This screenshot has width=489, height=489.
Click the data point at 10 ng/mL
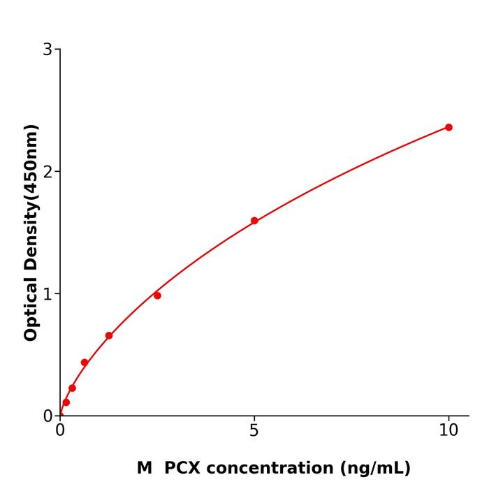coord(448,127)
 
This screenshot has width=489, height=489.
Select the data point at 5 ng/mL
coord(254,221)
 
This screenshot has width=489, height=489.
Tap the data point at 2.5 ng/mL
coord(157,295)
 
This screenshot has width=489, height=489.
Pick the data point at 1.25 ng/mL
coord(109,335)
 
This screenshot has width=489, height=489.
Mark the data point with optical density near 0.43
coord(85,363)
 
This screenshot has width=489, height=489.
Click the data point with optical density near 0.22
coord(72,388)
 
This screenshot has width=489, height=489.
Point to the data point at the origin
coord(60,415)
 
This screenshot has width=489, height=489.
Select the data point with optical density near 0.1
coord(66,402)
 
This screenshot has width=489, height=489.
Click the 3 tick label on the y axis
coord(48,49)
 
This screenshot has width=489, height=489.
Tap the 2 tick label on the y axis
coord(48,171)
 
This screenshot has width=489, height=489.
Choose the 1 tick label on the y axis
coord(48,293)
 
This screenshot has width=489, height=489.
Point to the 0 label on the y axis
coord(48,416)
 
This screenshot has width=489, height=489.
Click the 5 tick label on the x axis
coord(254,430)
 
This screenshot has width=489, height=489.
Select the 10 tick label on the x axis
coord(448,430)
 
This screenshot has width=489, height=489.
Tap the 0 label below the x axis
coord(60,430)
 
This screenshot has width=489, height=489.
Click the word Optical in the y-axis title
coord(31,307)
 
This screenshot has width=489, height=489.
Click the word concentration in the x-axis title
coord(272,468)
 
